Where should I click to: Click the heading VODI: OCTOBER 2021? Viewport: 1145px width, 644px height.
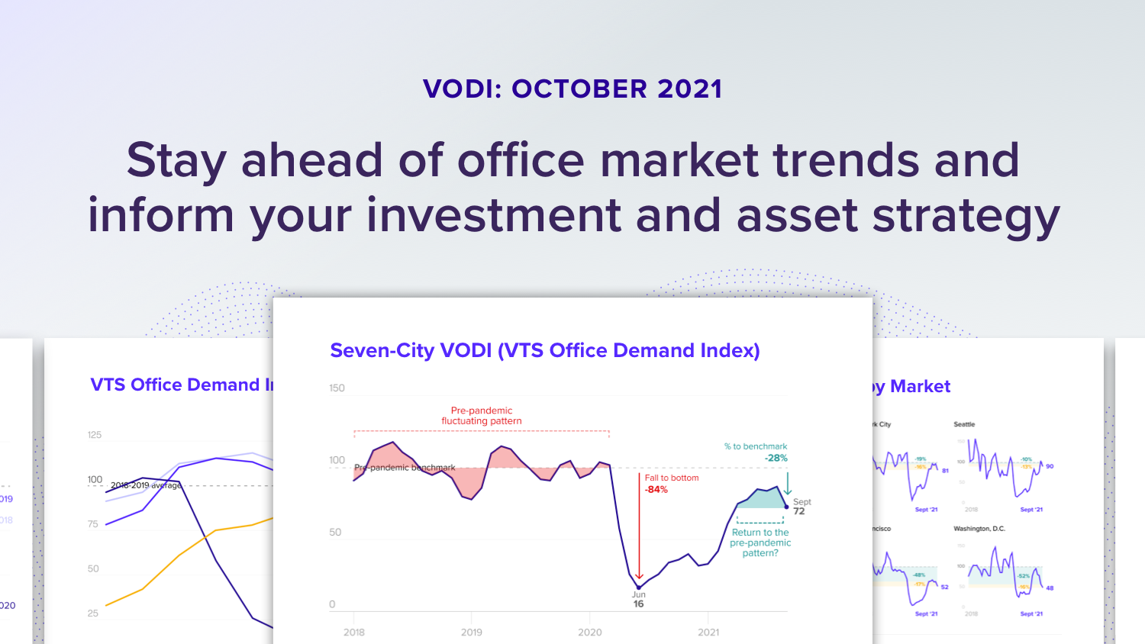coord(572,89)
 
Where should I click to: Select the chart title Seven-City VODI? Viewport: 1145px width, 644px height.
coord(544,350)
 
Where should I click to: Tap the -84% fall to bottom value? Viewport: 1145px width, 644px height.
coord(656,490)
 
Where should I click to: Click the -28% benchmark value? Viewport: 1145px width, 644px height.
coord(776,458)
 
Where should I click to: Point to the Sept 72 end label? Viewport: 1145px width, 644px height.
coord(801,507)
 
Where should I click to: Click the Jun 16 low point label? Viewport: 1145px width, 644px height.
coord(639,600)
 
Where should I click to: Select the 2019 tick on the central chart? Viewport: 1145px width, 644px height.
coord(472,632)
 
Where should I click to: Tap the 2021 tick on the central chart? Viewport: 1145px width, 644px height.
coord(708,632)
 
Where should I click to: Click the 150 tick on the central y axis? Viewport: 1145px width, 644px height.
coord(337,388)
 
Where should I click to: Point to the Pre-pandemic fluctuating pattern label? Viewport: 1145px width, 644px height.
coord(482,416)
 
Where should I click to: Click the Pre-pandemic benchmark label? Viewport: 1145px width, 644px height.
coord(405,468)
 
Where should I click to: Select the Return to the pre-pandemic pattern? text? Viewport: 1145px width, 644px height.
coord(760,543)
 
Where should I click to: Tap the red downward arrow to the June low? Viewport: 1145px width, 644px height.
coord(639,534)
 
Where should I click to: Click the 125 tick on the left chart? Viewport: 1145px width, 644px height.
coord(95,435)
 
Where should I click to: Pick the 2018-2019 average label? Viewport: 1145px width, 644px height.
coord(146,485)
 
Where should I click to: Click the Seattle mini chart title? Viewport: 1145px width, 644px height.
coord(964,424)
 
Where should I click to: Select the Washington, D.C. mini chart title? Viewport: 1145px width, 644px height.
coord(979,529)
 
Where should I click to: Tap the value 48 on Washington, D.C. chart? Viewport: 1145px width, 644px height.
coord(1050,588)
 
